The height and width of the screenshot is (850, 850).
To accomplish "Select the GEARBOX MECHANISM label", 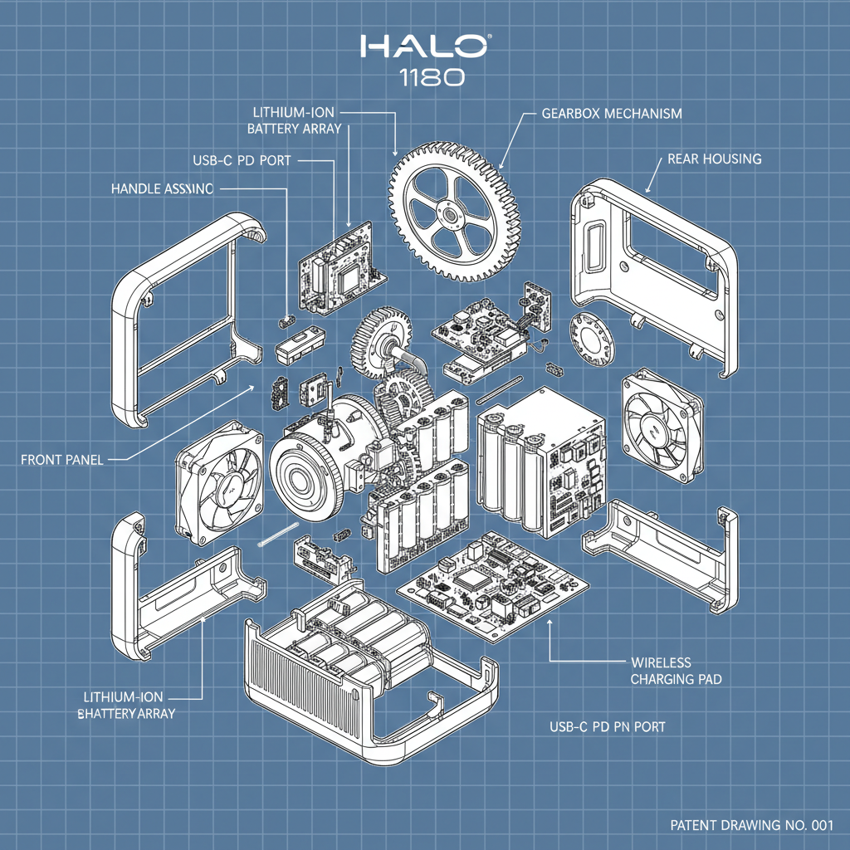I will [x=611, y=113].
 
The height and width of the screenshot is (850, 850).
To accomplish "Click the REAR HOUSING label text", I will [x=714, y=159].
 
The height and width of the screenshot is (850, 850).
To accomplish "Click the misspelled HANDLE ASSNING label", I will [x=161, y=189].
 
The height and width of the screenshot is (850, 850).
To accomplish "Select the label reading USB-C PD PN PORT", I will [x=607, y=726].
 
